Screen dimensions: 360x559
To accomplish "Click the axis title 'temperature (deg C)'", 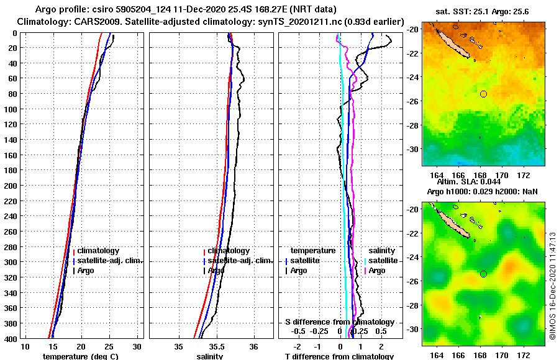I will point(80,356).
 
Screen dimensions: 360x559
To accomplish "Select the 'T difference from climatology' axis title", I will point(339,356).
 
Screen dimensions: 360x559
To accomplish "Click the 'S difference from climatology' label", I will point(339,322).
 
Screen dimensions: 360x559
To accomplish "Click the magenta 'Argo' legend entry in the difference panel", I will point(378,271).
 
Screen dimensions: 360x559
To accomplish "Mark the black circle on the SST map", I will point(483,94).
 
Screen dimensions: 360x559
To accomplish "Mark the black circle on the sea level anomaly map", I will point(483,274).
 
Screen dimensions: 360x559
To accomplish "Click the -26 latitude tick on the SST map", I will point(412,101).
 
